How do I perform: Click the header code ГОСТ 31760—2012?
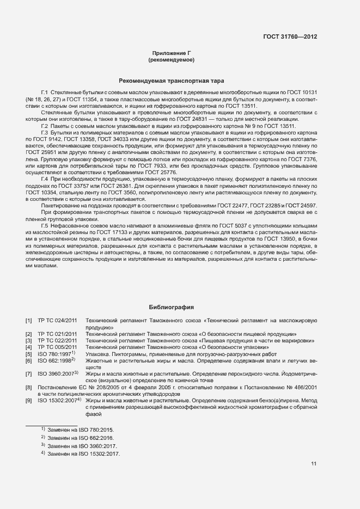tap(290, 37)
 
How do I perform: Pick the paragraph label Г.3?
tap(46, 132)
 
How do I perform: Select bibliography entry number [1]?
tap(28, 322)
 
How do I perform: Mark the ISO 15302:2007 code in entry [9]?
tap(58, 401)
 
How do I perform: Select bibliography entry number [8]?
tap(28, 388)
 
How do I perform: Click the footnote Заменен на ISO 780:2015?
tap(80, 430)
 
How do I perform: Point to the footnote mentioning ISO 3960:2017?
tap(80, 446)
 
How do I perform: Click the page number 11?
tap(314, 464)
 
